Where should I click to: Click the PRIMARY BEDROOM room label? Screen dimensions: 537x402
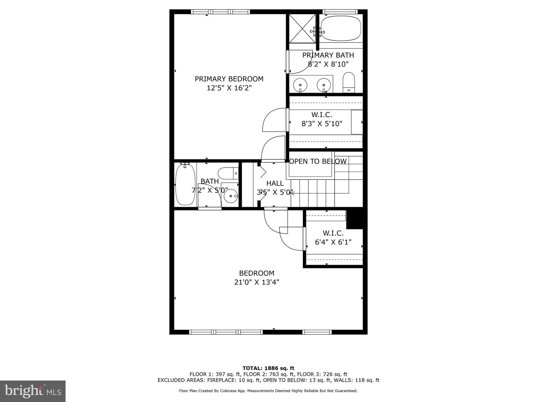point(229,79)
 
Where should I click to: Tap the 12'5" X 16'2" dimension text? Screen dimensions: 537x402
point(229,88)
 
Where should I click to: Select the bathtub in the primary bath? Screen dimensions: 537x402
point(341,29)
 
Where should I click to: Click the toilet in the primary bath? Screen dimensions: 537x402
point(349,83)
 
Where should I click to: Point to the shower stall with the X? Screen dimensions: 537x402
point(302,29)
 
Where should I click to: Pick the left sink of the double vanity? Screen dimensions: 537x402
point(300,85)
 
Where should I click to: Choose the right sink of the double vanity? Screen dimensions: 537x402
point(324,85)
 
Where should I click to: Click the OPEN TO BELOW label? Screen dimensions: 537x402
point(318,161)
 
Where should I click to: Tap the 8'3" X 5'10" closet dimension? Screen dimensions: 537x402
point(322,124)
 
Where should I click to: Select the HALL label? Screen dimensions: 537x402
point(275,183)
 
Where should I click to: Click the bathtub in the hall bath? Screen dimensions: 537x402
point(185,185)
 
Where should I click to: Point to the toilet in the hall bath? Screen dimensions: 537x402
point(228,173)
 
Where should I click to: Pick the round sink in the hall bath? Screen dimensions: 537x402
point(231,196)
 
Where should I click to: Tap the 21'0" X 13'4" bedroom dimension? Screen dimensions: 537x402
point(257,282)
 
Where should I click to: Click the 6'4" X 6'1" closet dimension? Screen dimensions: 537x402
point(333,242)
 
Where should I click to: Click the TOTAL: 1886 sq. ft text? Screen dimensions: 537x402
point(268,368)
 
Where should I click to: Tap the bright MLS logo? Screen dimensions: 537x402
point(33,391)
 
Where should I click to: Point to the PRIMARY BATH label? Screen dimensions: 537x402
point(328,55)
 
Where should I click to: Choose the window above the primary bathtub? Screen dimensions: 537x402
point(340,12)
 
